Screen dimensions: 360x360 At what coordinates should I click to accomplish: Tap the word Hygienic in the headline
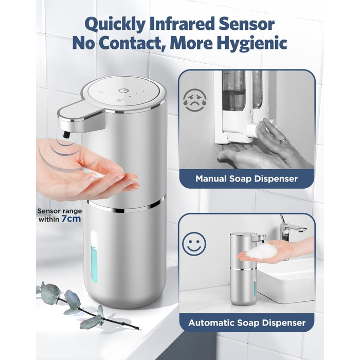(x=252, y=43)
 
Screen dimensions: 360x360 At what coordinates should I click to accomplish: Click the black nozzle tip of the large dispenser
(x=66, y=134)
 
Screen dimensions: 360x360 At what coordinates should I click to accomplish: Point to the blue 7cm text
(x=71, y=219)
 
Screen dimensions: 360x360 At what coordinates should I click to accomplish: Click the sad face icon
(x=195, y=100)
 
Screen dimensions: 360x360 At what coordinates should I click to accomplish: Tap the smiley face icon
(x=194, y=244)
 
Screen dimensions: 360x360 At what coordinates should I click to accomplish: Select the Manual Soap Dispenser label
(x=246, y=178)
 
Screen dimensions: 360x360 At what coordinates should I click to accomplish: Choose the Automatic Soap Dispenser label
(x=247, y=322)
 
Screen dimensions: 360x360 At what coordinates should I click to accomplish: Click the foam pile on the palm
(x=262, y=251)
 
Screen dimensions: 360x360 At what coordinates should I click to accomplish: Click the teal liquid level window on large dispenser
(x=94, y=264)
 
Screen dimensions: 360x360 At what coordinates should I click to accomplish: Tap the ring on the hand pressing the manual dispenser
(x=284, y=140)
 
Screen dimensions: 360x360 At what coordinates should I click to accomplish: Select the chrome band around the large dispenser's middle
(x=126, y=206)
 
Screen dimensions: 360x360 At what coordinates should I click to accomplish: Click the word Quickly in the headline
(x=116, y=24)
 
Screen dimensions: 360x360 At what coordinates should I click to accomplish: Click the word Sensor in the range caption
(x=49, y=211)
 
